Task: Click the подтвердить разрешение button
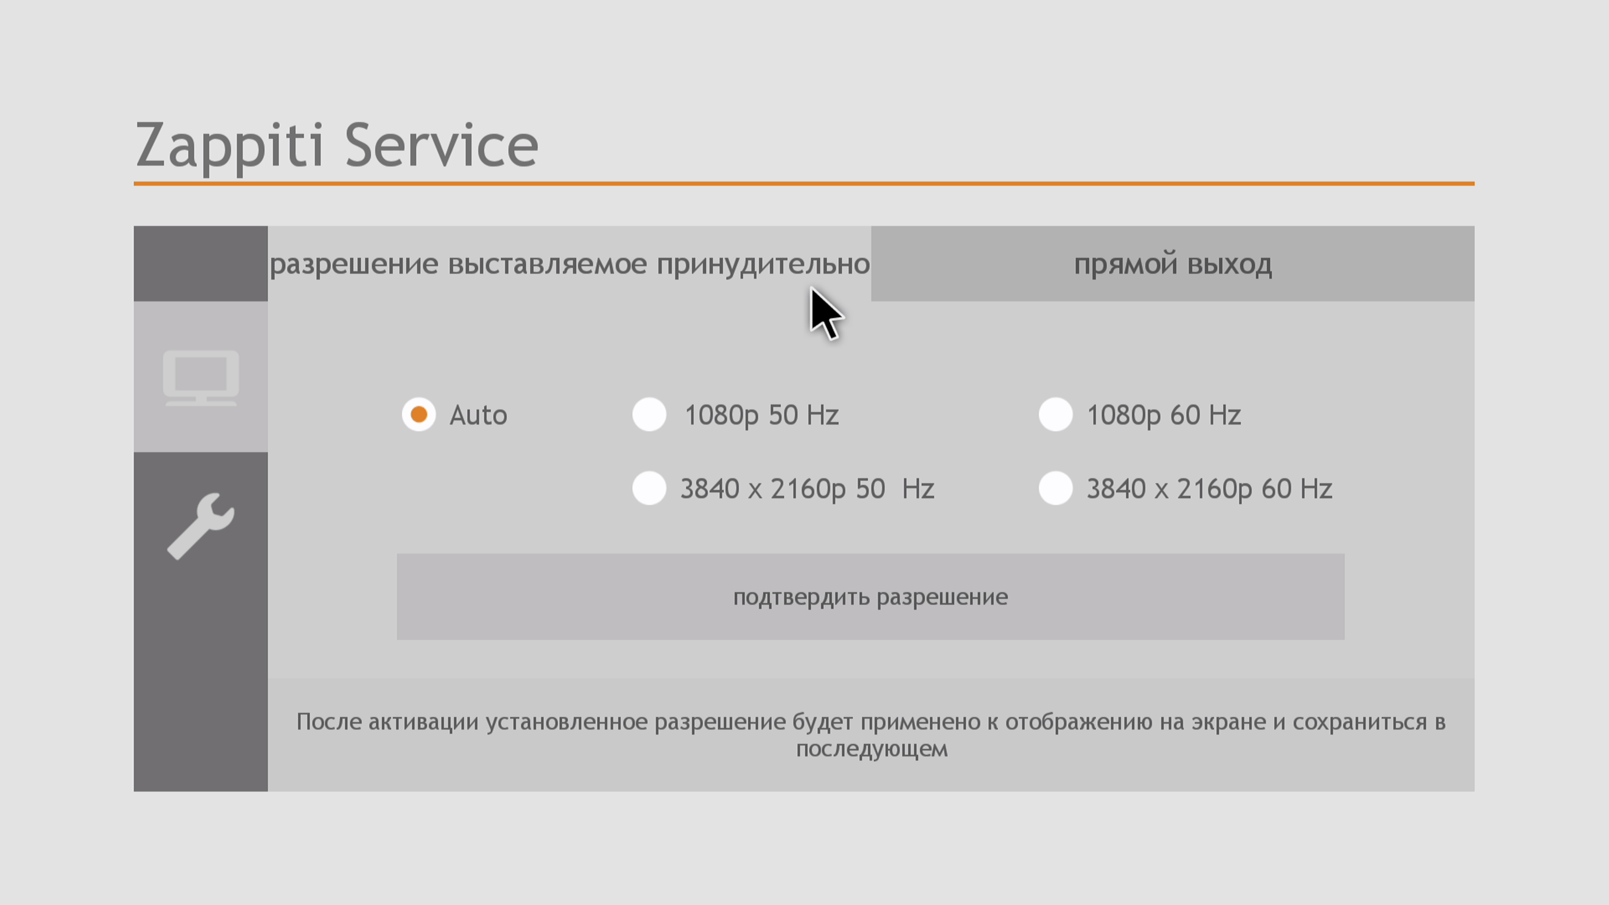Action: click(x=870, y=597)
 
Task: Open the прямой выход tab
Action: click(x=1172, y=264)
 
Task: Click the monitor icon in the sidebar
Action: click(x=201, y=378)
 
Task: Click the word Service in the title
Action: click(x=442, y=145)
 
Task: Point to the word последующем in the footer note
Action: click(x=872, y=749)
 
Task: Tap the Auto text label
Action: click(x=478, y=415)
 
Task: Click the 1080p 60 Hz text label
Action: click(x=1164, y=415)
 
